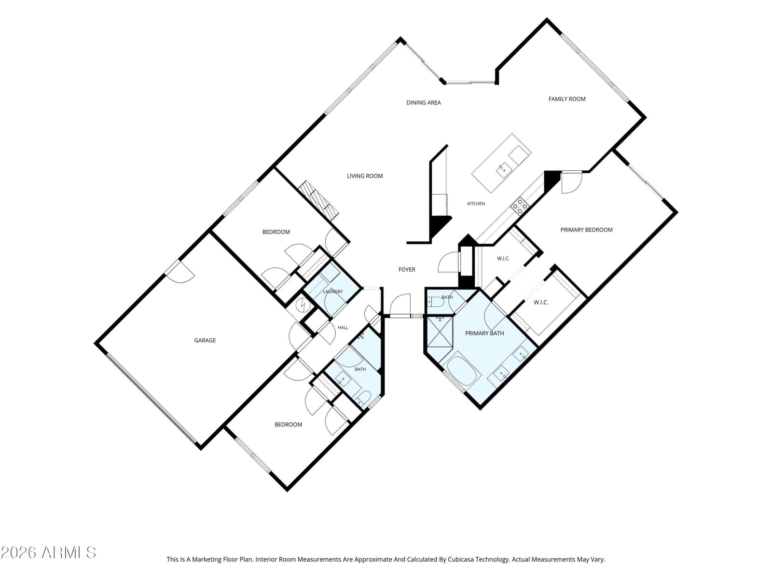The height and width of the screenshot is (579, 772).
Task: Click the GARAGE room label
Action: [x=205, y=340]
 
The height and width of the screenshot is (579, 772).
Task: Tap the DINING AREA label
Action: [x=424, y=103]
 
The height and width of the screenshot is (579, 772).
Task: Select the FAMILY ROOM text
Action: [x=566, y=99]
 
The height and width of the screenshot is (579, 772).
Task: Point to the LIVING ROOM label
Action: [x=365, y=176]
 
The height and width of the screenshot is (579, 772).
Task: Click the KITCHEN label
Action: [x=476, y=204]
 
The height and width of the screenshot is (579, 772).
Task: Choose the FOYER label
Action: [x=407, y=270]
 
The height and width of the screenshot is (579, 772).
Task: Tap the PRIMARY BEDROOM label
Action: [x=586, y=230]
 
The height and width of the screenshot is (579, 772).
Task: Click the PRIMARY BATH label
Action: [x=484, y=333]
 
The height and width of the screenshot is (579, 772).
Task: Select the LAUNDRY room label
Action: [x=333, y=291]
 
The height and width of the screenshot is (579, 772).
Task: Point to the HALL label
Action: [x=343, y=328]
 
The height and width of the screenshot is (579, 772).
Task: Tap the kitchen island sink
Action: [x=504, y=170]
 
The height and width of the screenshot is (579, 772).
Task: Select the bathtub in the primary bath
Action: [x=464, y=371]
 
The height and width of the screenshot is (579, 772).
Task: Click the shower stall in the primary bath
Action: [x=439, y=332]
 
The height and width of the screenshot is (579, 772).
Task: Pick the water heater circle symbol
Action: [x=302, y=305]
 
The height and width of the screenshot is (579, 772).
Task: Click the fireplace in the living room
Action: [x=318, y=200]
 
